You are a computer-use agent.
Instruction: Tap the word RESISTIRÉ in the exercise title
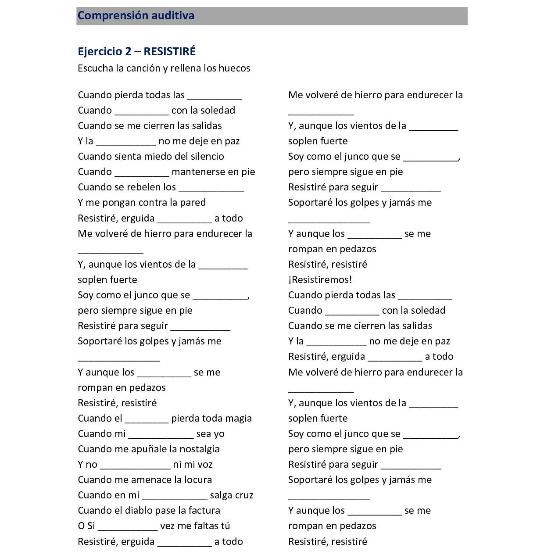pos(169,51)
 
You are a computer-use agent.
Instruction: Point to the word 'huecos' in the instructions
pos(234,68)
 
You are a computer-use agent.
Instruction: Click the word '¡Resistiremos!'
pos(320,280)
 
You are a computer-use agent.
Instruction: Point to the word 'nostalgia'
pos(200,449)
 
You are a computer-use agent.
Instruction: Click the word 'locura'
pos(197,480)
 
